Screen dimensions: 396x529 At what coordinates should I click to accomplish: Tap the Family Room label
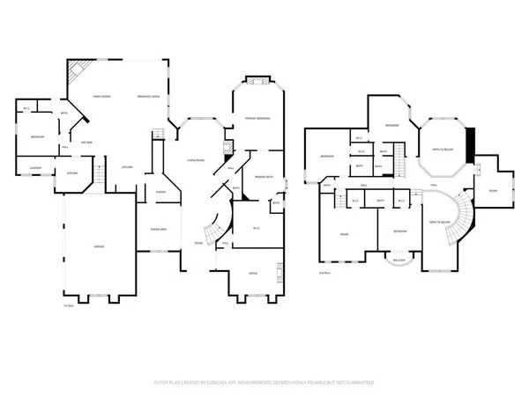tap(101, 97)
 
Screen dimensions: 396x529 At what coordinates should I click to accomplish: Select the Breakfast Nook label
tap(148, 97)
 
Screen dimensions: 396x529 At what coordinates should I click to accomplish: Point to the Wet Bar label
tap(88, 142)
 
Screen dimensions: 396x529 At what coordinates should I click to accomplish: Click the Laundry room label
tap(36, 167)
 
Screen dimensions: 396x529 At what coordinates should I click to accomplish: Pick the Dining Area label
tap(159, 229)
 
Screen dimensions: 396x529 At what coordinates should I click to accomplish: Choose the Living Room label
tap(195, 160)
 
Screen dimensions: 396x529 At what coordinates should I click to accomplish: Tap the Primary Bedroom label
tap(257, 118)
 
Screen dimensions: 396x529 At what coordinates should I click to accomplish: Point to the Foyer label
tap(199, 243)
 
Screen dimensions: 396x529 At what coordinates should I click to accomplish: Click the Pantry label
tap(161, 191)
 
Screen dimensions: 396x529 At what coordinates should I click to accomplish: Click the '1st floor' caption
tap(68, 305)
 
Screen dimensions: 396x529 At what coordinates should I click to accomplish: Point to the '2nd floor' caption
tap(324, 274)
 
